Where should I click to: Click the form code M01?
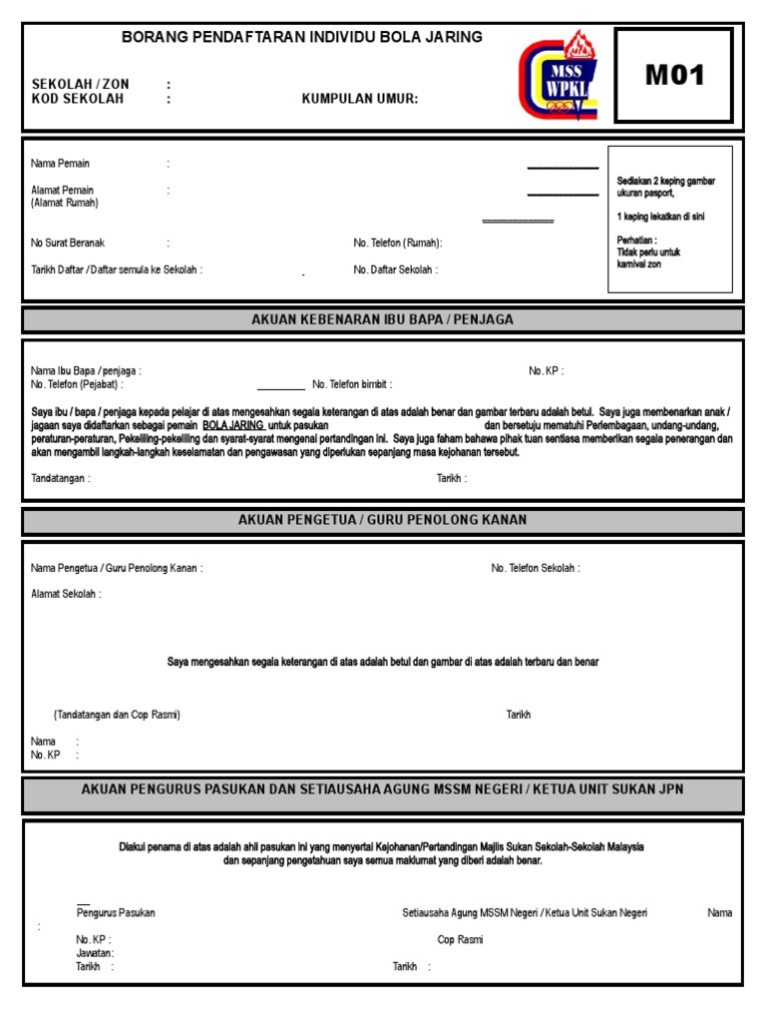pos(675,76)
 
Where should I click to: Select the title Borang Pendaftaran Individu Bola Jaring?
pos(301,37)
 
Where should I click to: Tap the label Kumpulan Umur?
pos(360,99)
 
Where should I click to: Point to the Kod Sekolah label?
pos(78,99)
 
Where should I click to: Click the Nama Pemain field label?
pos(60,164)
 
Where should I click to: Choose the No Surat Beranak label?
pos(68,243)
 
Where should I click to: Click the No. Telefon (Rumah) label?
pos(397,243)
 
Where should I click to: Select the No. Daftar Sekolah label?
pos(395,269)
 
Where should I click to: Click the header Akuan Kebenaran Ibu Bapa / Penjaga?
pos(383,319)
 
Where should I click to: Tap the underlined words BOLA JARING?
pos(233,424)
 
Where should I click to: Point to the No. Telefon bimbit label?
pos(352,384)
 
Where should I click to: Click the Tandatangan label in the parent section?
pos(61,478)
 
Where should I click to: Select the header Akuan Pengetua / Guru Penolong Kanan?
pos(383,520)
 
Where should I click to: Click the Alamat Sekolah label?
pos(66,594)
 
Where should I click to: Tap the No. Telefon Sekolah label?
pos(536,568)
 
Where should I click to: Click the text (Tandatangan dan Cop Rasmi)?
pos(117,715)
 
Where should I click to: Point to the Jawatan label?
pos(95,953)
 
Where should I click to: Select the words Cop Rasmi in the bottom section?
pos(460,939)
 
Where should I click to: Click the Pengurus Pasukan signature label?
pos(116,912)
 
